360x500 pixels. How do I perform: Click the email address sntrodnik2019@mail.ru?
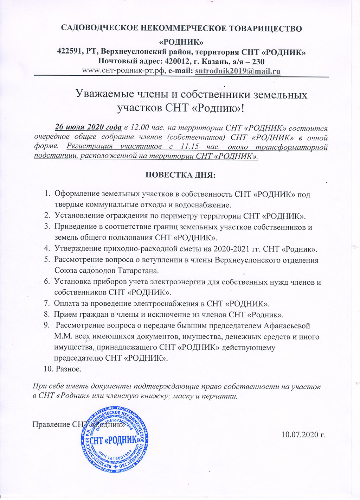tap(238, 71)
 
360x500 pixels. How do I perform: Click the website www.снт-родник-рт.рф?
tap(123, 71)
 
